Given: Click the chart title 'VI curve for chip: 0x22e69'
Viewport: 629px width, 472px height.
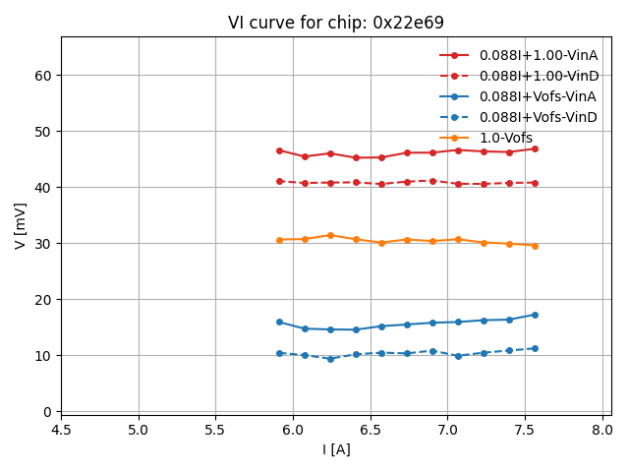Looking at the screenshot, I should (335, 23).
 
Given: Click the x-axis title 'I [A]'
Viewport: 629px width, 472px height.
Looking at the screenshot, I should (336, 449).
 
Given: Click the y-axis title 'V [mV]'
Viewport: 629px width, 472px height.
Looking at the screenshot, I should (21, 225).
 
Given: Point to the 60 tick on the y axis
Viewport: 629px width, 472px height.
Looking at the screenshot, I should (43, 76).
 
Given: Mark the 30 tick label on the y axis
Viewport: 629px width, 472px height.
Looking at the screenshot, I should (43, 244).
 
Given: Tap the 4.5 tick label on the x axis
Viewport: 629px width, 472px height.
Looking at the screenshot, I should (61, 430).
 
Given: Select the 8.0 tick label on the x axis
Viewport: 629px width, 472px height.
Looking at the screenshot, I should (602, 430).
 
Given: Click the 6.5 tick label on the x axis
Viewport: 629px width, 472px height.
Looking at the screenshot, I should (371, 430).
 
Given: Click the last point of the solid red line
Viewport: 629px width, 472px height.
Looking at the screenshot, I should (535, 148).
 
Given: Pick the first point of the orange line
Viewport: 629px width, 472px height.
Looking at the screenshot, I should (279, 240).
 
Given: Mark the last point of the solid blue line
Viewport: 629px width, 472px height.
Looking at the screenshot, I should (535, 315).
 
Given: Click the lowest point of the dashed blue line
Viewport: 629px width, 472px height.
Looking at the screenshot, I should (330, 359).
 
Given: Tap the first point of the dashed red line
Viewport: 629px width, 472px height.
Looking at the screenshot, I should (279, 181).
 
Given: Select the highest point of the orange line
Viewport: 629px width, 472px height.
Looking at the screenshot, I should (330, 235).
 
